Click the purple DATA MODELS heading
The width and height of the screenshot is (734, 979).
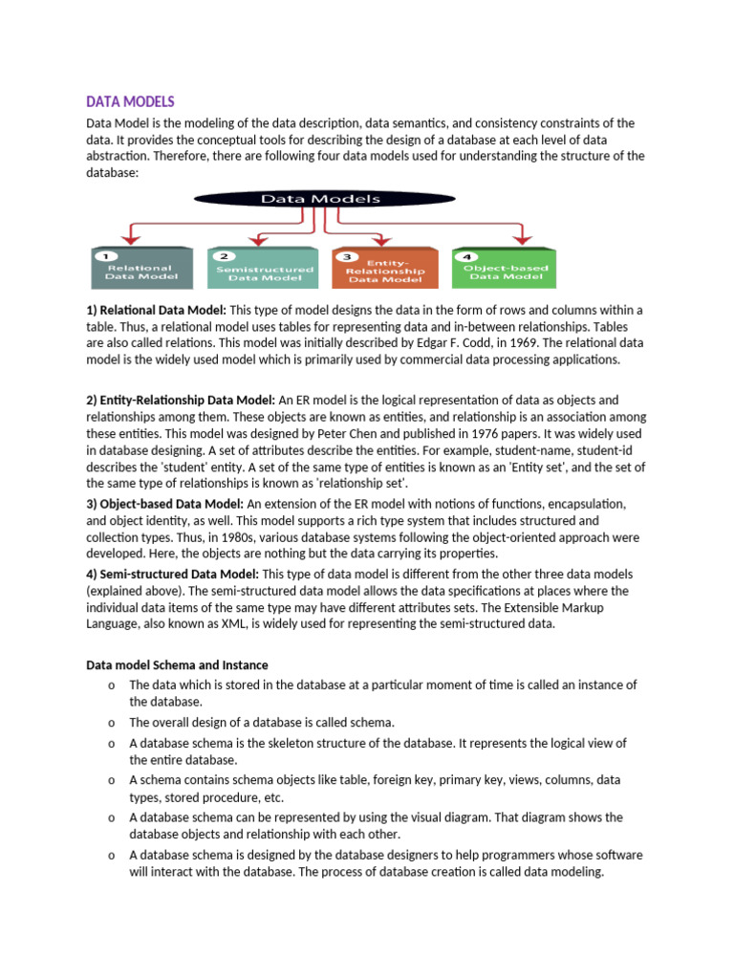[131, 101]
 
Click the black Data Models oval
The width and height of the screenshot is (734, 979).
[307, 200]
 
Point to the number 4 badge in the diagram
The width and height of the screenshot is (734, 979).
[465, 256]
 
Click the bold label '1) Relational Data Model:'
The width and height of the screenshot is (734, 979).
[157, 311]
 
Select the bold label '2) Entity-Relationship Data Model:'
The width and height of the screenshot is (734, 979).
[182, 400]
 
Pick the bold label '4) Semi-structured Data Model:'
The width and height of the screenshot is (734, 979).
[173, 574]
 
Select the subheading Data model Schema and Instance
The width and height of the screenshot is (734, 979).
[178, 664]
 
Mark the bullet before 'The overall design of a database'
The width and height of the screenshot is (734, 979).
[112, 723]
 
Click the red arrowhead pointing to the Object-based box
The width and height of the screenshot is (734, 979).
[521, 238]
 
